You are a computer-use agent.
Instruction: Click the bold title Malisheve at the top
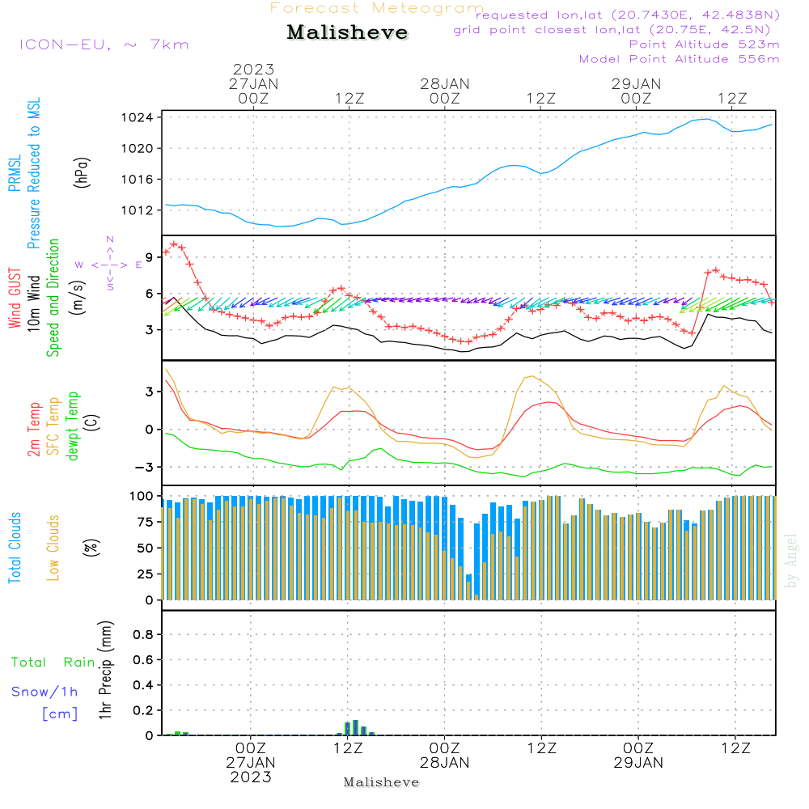pos(347,33)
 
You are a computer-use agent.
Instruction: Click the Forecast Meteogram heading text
pos(377,8)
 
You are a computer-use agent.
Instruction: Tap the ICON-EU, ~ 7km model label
pos(104,44)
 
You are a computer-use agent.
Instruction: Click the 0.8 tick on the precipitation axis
pos(143,635)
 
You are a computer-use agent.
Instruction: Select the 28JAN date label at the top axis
pos(444,83)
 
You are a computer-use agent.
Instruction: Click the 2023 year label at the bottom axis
pos(250,777)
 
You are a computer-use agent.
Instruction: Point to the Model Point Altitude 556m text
pos(679,59)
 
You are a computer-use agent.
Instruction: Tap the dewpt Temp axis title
pos(73,427)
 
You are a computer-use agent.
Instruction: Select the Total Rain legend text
pos(53,663)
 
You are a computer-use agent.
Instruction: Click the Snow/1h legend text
pos(44,692)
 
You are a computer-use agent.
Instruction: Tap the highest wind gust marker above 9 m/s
pos(173,244)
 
